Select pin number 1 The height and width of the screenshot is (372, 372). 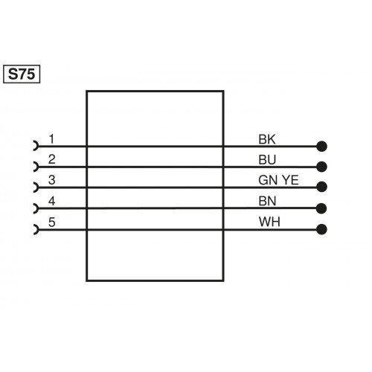click(51, 138)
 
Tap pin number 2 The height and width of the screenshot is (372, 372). click(51, 158)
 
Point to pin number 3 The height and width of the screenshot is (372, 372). click(51, 179)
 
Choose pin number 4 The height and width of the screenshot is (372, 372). click(51, 200)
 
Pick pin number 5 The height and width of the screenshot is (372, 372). click(51, 221)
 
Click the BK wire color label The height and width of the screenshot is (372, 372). click(266, 138)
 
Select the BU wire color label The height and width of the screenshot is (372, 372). click(266, 159)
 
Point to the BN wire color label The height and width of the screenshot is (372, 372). click(266, 201)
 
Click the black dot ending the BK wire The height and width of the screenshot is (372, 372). click(321, 147)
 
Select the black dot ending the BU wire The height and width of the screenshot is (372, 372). click(321, 167)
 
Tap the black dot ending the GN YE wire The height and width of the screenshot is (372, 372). click(321, 187)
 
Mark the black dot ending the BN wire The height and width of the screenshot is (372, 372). click(321, 208)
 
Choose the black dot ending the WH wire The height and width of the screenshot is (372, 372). click(321, 229)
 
